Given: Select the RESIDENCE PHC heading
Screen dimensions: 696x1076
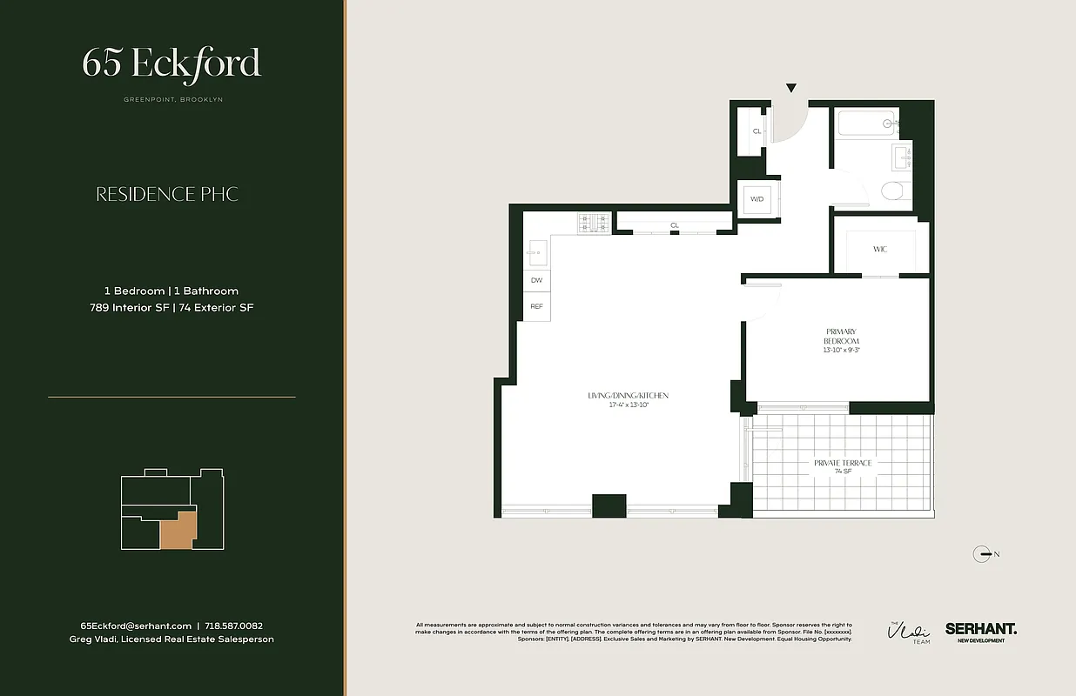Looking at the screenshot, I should click(167, 194).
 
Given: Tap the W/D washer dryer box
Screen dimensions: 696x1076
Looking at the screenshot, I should click(757, 199).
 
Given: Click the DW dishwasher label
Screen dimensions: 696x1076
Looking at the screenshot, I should click(536, 280).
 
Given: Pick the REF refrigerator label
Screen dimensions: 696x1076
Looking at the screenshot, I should click(536, 306).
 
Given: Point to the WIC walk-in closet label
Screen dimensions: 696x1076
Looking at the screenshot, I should click(880, 250).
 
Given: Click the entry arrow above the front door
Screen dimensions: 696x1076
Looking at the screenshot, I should click(791, 89).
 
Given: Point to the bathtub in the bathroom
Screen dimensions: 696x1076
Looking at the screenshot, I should click(867, 124).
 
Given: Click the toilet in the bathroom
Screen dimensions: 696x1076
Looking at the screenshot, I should click(891, 191).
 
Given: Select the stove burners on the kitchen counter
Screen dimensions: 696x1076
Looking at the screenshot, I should click(594, 224).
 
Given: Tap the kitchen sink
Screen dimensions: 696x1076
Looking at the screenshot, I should click(535, 253).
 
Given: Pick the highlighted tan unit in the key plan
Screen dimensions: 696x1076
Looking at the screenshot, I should click(179, 530).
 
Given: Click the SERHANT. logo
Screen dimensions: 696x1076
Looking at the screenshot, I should click(980, 628).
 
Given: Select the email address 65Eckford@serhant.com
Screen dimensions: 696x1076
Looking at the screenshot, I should click(136, 626).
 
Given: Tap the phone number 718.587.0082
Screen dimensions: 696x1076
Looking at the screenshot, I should click(233, 626).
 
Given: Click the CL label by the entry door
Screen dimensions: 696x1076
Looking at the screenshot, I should click(757, 131).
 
